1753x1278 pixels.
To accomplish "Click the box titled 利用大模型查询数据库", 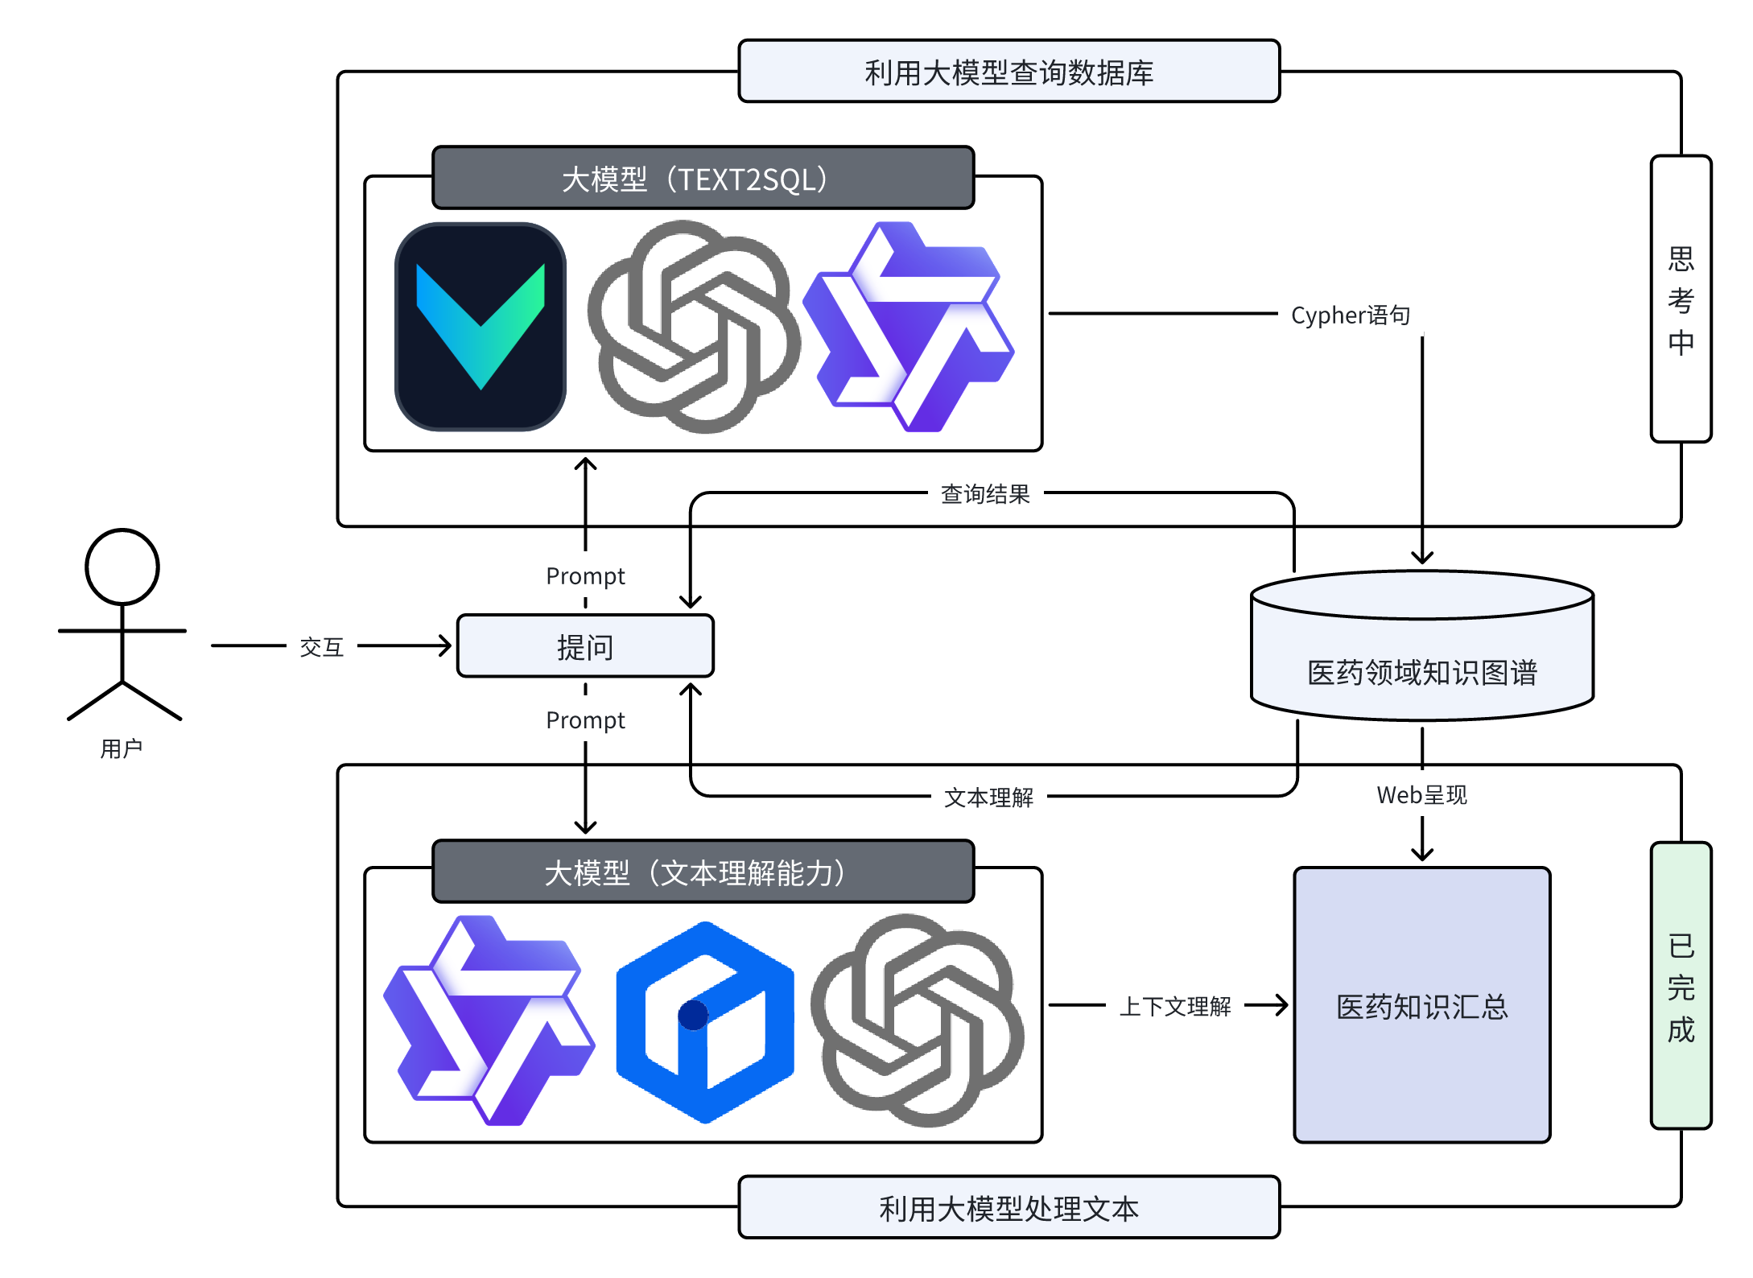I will click(1008, 72).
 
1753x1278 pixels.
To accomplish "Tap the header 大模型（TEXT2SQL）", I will click(703, 178).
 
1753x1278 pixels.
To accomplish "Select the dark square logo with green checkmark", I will click(481, 327).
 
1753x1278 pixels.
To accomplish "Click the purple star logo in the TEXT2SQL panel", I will click(909, 327).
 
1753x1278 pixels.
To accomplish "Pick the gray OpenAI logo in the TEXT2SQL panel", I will click(694, 327).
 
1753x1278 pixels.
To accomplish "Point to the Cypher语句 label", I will click(1350, 315).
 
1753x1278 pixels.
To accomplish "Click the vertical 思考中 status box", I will click(1681, 299).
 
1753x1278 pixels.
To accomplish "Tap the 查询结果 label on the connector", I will click(985, 493).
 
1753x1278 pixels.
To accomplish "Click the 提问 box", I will click(585, 646).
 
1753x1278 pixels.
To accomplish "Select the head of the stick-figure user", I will click(122, 567).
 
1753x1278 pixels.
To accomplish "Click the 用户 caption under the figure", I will click(122, 748).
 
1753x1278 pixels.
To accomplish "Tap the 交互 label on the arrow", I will click(322, 646).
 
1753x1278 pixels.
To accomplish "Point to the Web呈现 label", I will click(1421, 795).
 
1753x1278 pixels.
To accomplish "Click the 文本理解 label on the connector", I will click(988, 797).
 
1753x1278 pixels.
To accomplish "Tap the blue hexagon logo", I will click(705, 1022).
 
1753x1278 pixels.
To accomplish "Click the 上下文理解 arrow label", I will click(1175, 1005).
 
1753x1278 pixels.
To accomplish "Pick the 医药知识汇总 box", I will click(1421, 1005).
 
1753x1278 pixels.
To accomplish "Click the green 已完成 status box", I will click(1681, 986).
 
